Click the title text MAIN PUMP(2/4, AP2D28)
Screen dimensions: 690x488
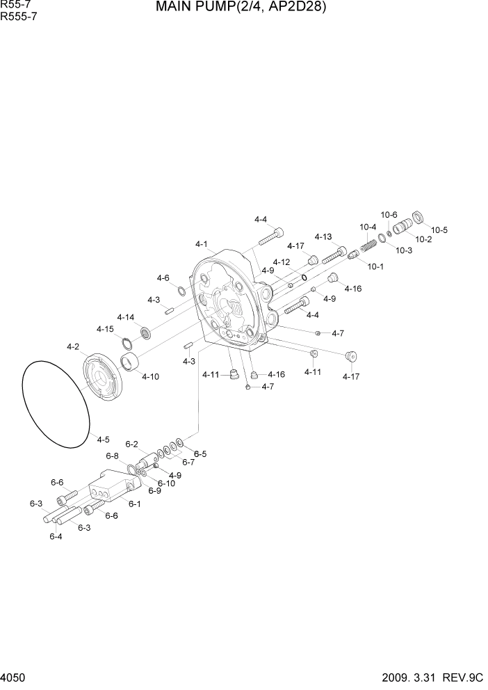coord(241,8)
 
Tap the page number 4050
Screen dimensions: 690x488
coord(15,677)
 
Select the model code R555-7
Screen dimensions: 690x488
coord(19,17)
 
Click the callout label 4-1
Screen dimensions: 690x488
coord(202,244)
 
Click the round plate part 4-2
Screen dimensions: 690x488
coord(102,378)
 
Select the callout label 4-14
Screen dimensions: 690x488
coord(126,317)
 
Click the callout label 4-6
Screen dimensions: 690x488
coord(163,278)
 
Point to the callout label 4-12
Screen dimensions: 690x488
coord(281,262)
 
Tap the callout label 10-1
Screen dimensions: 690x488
coord(375,266)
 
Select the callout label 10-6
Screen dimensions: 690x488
coord(389,215)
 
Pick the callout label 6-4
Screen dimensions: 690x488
coord(56,536)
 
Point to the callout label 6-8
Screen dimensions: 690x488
coord(113,456)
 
